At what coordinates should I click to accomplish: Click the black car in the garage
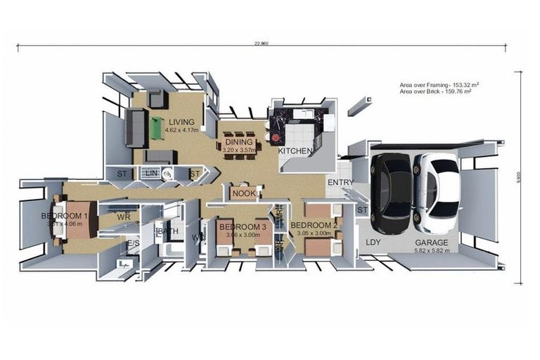[391, 193]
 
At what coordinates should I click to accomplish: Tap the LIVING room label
[181, 122]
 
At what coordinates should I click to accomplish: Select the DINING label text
[238, 142]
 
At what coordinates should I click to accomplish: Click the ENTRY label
[340, 183]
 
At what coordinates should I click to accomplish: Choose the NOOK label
[243, 193]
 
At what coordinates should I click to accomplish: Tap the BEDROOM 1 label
[65, 216]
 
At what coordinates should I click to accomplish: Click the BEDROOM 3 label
[243, 226]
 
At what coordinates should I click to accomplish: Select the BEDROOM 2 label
[313, 224]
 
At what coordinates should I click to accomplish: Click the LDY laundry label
[373, 242]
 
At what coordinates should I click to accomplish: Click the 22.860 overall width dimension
[261, 44]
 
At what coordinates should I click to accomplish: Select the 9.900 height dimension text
[521, 180]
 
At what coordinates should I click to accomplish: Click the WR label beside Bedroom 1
[124, 217]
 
